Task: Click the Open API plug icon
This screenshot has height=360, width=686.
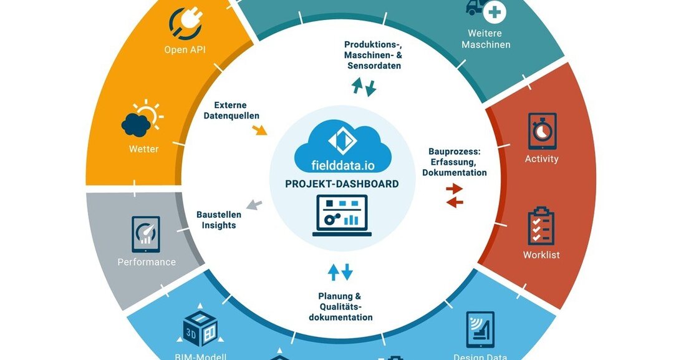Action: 185,23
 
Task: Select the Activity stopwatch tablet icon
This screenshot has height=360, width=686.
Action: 541,131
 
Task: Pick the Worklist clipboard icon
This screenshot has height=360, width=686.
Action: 541,226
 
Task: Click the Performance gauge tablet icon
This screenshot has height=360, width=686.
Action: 146,234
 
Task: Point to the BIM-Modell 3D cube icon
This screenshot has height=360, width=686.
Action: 200,326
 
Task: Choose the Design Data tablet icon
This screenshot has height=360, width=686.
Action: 480,329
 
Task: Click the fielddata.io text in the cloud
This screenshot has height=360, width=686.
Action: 343,165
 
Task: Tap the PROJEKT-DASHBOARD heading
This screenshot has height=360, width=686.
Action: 342,184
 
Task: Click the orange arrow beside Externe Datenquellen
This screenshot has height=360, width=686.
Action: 259,130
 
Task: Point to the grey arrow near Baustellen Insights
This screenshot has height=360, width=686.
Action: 254,204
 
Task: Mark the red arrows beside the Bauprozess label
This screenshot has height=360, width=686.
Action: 455,195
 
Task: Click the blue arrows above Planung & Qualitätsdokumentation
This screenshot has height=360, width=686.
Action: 341,272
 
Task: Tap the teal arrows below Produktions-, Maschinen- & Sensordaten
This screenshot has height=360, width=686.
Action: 364,87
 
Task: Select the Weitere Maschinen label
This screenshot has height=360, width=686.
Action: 489,39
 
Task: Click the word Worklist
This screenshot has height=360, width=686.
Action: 541,255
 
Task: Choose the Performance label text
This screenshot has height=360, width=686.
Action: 147,262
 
